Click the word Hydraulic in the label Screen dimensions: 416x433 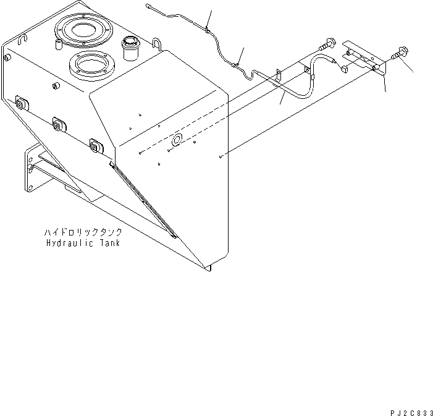[x=70, y=243]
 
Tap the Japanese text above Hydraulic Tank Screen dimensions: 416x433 [x=83, y=233]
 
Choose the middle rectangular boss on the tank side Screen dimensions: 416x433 [x=59, y=125]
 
